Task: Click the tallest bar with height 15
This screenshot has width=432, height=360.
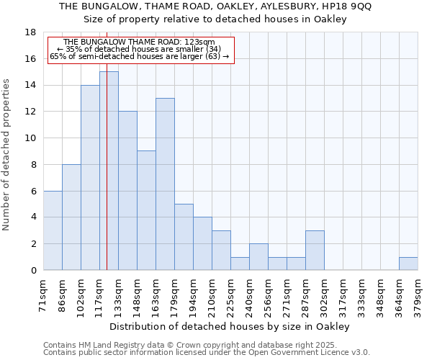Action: [109, 171]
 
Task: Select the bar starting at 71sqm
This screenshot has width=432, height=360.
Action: [53, 230]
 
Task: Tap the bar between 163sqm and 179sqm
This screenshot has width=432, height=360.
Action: [165, 184]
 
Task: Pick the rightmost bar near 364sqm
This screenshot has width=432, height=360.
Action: [408, 264]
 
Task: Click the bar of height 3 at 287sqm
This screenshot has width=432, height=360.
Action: [315, 250]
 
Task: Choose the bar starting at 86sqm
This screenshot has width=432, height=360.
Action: [71, 217]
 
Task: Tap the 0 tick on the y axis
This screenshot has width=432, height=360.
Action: [33, 270]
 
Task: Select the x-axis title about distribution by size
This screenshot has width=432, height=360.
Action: [230, 326]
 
